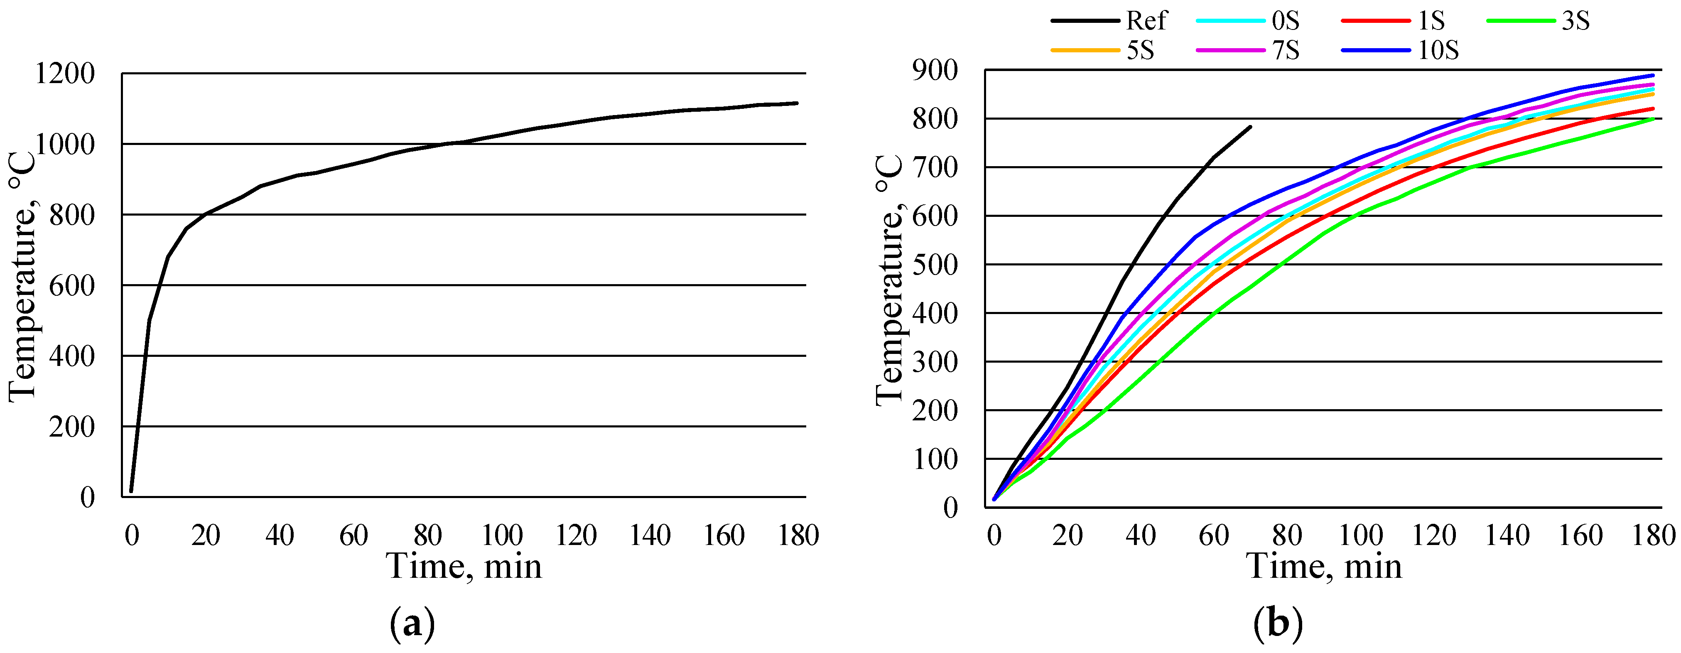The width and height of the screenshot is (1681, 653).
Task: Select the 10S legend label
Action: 1438,50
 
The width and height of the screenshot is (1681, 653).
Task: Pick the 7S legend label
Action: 1286,50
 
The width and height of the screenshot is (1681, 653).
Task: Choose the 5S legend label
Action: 1140,50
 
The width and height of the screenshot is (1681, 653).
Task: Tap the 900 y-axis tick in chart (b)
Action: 935,70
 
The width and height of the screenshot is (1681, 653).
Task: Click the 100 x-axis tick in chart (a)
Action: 502,535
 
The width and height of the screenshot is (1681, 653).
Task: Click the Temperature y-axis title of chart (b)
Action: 889,280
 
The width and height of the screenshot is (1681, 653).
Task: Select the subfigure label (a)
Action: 412,624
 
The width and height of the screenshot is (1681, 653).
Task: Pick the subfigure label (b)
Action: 1278,624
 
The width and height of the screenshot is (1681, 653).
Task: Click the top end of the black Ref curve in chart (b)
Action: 1250,127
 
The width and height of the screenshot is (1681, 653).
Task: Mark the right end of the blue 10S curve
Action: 1653,75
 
